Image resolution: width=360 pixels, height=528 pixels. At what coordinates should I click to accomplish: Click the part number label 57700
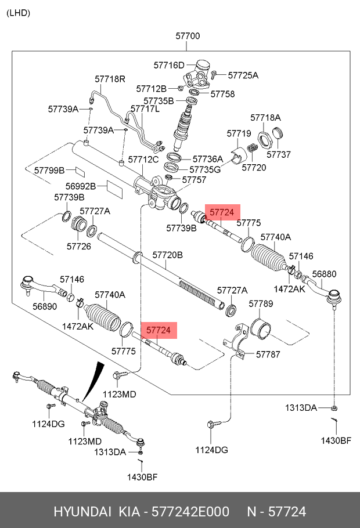coord(188,36)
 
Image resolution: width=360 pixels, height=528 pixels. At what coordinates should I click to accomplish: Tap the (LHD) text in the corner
coord(19,13)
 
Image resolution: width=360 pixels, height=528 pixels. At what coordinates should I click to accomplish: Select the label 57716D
coord(168,65)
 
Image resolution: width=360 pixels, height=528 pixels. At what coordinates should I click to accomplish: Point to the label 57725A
coord(243,75)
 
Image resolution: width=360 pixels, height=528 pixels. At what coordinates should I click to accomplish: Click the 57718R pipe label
coord(110,78)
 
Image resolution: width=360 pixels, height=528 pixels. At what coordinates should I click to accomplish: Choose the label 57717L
coord(145,109)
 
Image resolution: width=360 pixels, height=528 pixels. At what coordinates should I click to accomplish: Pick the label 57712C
coord(143,159)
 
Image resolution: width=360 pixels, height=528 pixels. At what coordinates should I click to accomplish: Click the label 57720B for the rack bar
coord(167,255)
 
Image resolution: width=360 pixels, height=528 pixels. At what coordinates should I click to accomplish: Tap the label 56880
coord(324,274)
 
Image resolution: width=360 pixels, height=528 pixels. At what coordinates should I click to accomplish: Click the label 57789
coord(261,303)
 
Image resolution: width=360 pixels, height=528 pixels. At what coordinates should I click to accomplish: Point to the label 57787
coord(268,354)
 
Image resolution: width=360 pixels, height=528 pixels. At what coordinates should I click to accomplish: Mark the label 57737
coord(279,155)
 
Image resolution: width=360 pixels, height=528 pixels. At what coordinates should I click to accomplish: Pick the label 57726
coord(79,246)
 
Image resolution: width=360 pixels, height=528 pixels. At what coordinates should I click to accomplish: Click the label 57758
coord(222,93)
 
